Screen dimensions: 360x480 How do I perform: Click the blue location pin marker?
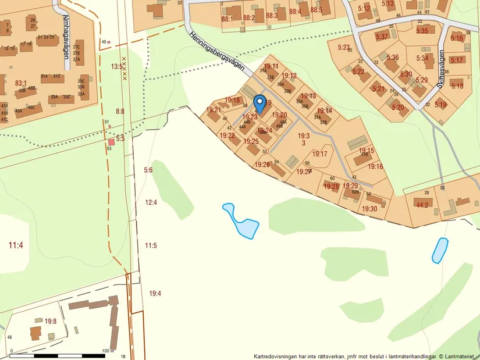[260, 102]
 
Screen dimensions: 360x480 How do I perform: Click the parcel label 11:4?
[16, 245]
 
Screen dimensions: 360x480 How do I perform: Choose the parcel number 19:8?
[51, 320]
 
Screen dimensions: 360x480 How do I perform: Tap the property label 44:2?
[422, 205]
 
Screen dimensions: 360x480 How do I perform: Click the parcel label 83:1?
[22, 83]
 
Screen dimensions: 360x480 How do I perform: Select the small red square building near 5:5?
[112, 142]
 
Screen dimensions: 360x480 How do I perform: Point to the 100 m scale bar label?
[107, 351]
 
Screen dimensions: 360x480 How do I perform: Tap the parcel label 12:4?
[151, 202]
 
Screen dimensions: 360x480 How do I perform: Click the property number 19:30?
[370, 208]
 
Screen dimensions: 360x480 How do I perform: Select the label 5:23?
[343, 47]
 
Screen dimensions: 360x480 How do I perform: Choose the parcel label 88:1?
[227, 19]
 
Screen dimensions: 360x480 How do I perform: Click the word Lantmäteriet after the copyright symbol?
[460, 357]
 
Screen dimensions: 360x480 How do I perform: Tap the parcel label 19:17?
[320, 154]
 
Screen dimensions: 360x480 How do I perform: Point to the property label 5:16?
[457, 38]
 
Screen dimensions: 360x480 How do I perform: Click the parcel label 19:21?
[214, 109]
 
